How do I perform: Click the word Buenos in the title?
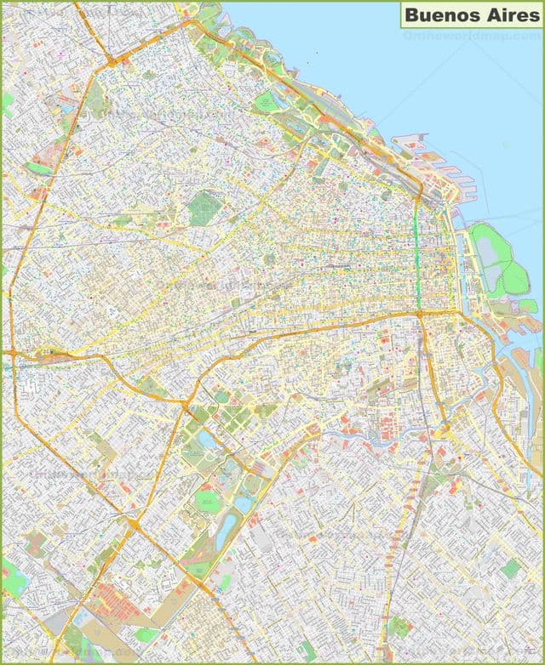[433, 14]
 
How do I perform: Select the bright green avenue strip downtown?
[418, 255]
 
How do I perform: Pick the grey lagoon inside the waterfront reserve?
[488, 251]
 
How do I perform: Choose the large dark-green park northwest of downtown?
[204, 207]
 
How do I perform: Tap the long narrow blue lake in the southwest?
[223, 532]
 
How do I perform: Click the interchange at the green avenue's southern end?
[419, 314]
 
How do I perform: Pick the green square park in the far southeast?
[510, 568]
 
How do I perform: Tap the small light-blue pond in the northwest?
[67, 109]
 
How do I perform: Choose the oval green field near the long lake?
[207, 501]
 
